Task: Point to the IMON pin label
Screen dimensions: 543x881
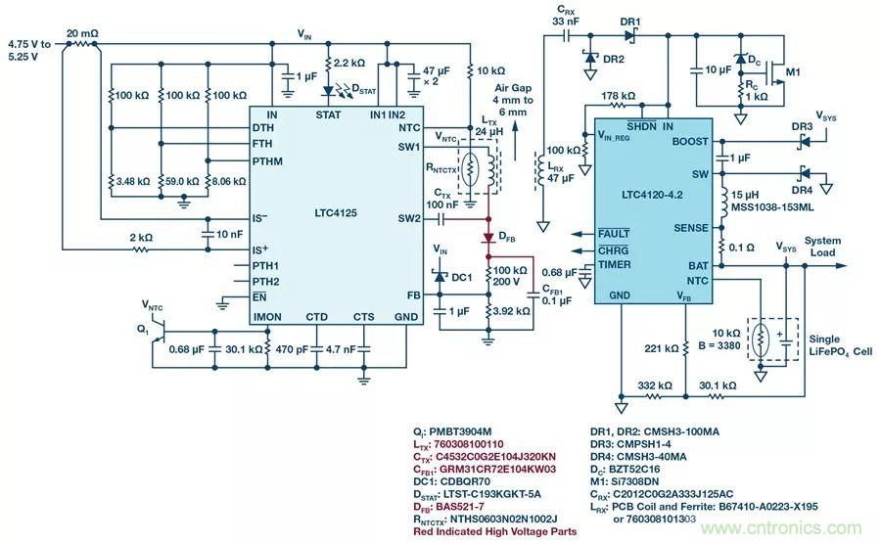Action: (x=267, y=317)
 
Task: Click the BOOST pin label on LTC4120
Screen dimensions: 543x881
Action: (x=690, y=142)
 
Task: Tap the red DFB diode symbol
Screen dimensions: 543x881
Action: (x=487, y=238)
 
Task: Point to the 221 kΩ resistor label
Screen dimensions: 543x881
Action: (x=662, y=347)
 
